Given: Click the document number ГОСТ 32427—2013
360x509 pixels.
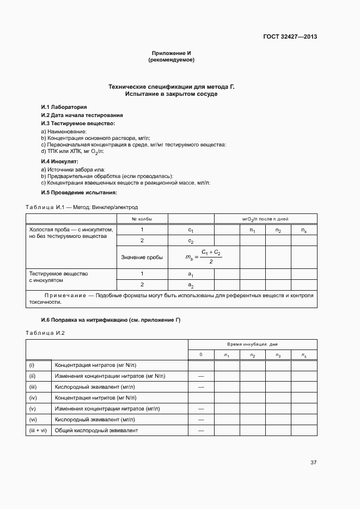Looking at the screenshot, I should (x=290, y=37).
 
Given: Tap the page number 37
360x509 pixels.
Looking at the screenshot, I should (x=313, y=463).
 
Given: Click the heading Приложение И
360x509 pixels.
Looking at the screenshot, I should (x=171, y=53).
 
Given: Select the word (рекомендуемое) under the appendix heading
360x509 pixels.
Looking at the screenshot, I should (x=171, y=60).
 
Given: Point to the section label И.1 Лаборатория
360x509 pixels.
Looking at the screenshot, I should (x=64, y=107).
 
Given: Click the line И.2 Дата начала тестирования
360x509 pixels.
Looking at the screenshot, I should (x=82, y=115).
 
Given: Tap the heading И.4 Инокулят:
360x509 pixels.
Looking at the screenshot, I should (x=60, y=162).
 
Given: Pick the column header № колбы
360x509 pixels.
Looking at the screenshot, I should (x=142, y=219).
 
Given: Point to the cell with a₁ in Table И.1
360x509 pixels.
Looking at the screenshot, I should (x=191, y=274).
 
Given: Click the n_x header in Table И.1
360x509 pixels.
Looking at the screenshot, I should (x=303, y=230).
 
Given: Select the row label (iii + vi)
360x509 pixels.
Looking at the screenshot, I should (x=38, y=431).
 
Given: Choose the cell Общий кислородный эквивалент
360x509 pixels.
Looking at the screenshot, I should (x=96, y=431).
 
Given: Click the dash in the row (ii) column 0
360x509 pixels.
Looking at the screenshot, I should (x=201, y=376).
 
